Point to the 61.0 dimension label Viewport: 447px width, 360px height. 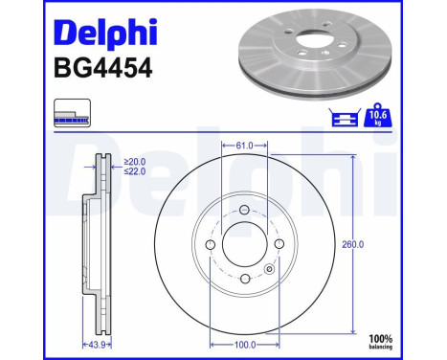coord(244,146)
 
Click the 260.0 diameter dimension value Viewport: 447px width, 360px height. coord(353,244)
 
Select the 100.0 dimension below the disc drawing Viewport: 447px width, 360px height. coord(244,342)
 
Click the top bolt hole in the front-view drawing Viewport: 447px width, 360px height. coord(244,211)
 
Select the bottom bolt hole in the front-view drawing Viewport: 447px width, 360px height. coord(244,279)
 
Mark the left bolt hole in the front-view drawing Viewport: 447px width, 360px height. coord(211,245)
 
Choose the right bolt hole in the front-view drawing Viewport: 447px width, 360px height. coord(279,245)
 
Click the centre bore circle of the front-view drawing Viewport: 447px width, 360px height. coord(244,245)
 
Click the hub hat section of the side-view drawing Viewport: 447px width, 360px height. coord(87,245)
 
